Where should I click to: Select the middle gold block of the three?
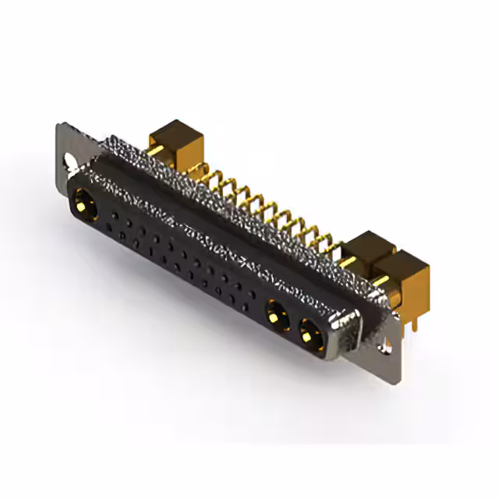pos(369,251)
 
